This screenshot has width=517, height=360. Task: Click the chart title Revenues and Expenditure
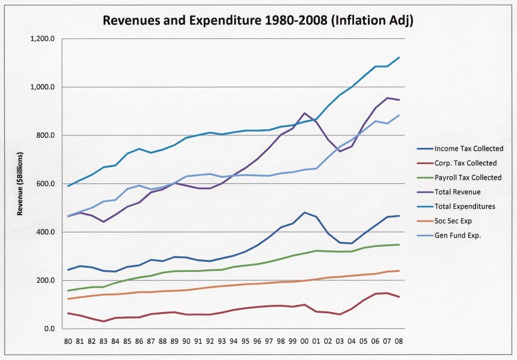point(258,20)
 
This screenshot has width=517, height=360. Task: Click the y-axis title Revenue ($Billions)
point(20,184)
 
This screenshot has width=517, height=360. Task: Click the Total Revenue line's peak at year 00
point(304,113)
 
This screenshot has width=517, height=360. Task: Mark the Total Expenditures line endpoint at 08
point(398,58)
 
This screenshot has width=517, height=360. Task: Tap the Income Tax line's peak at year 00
point(304,213)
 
